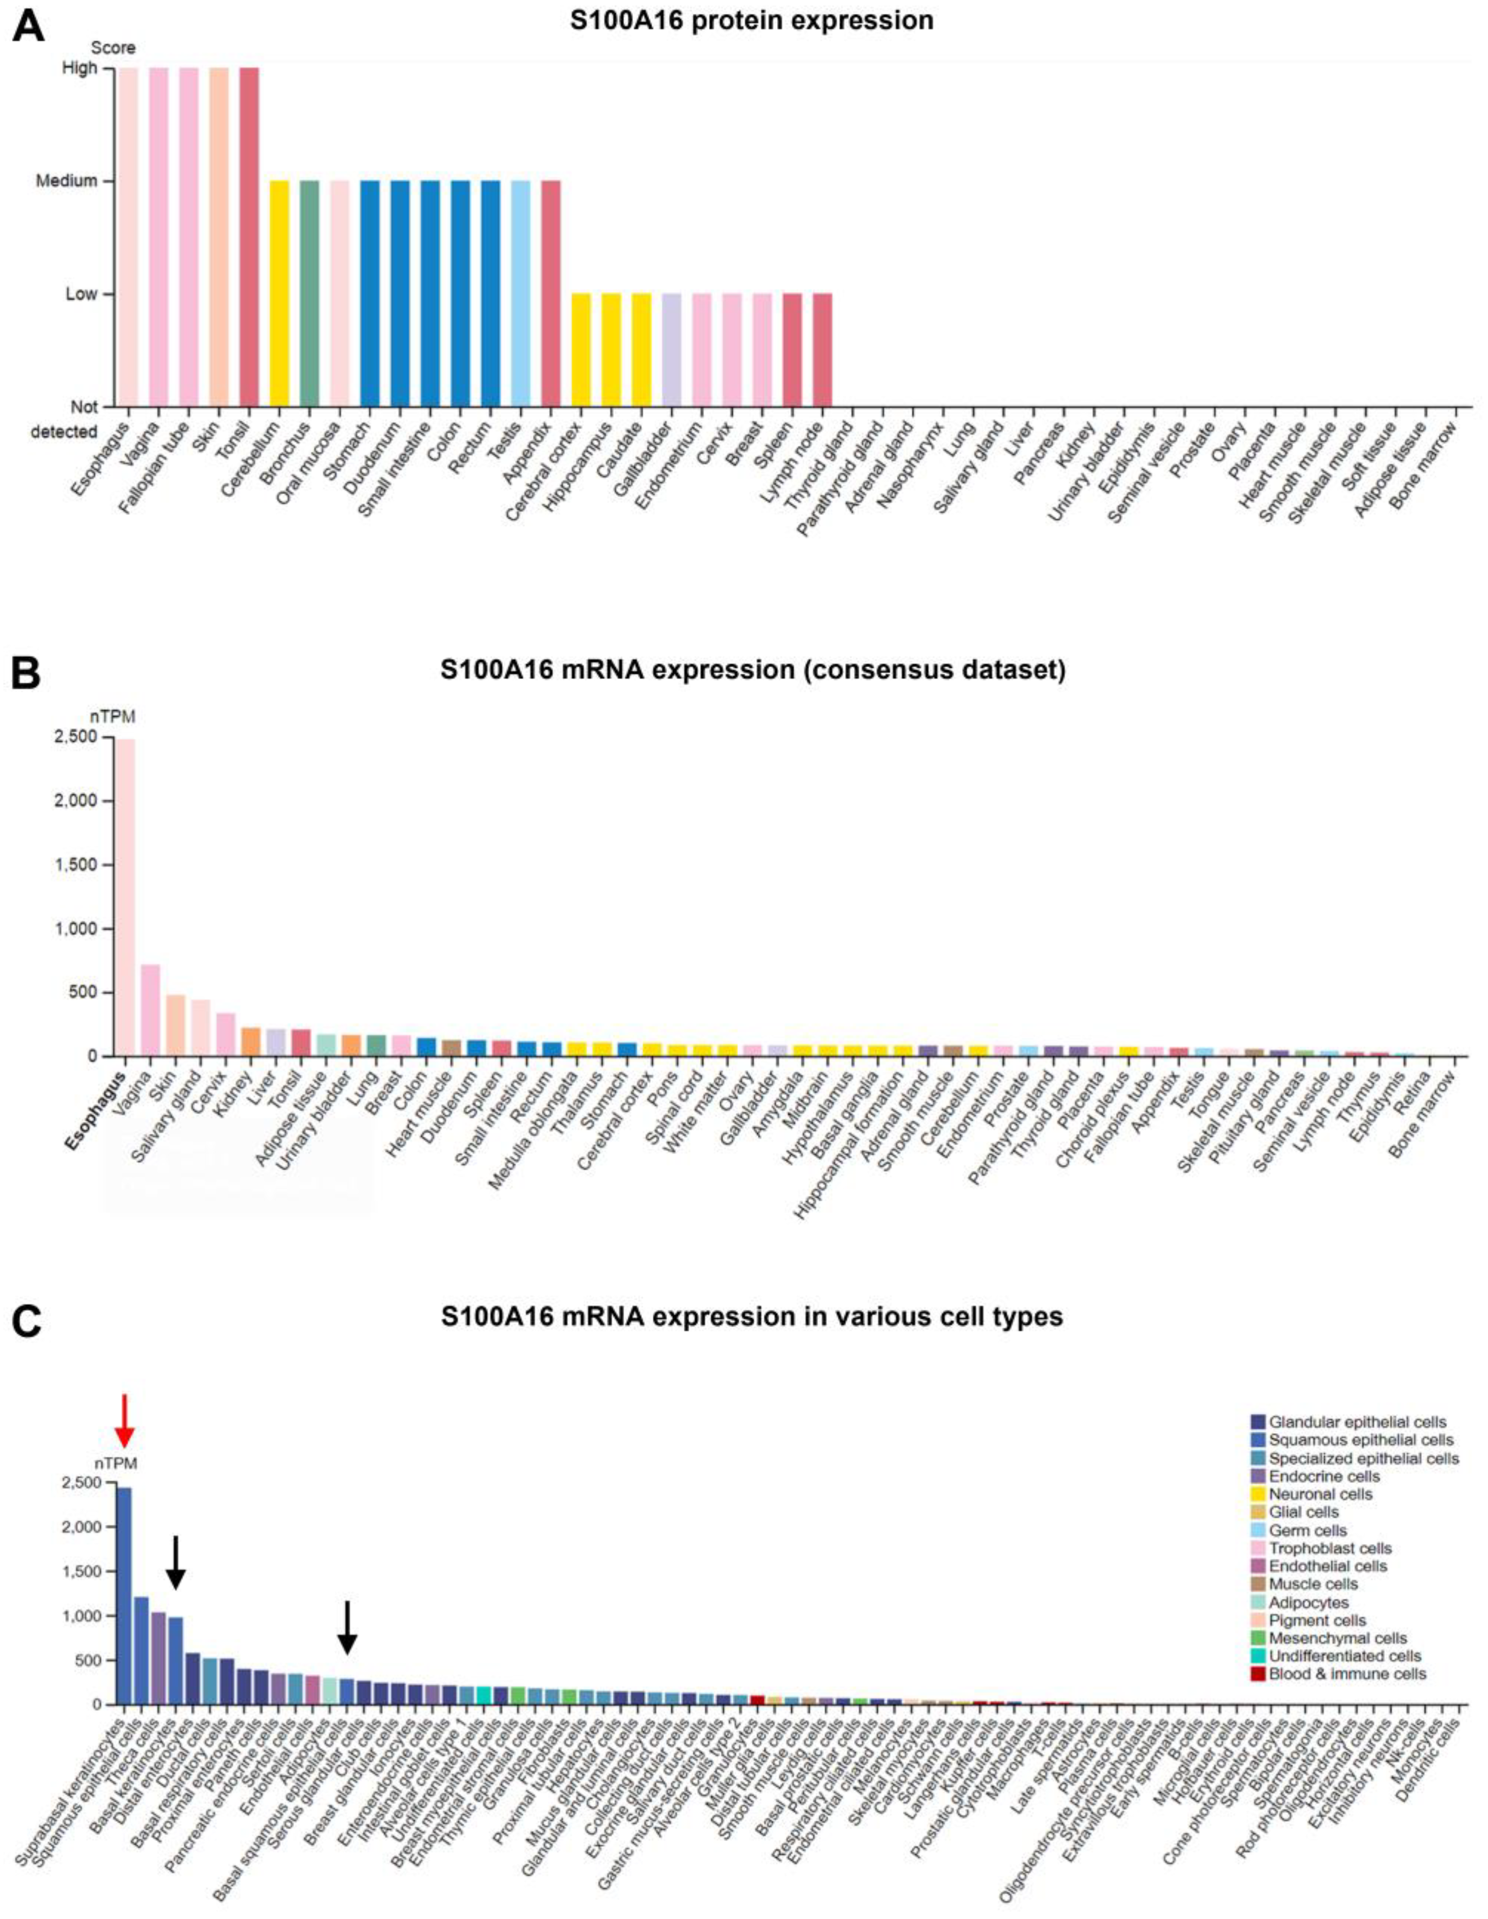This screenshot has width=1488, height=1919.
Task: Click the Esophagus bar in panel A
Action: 128,237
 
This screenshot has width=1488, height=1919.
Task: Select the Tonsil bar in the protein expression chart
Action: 248,237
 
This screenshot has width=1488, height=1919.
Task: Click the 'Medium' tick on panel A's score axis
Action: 67,181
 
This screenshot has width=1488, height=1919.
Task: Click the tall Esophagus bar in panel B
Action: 126,896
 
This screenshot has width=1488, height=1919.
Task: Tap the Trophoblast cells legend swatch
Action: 1258,1548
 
